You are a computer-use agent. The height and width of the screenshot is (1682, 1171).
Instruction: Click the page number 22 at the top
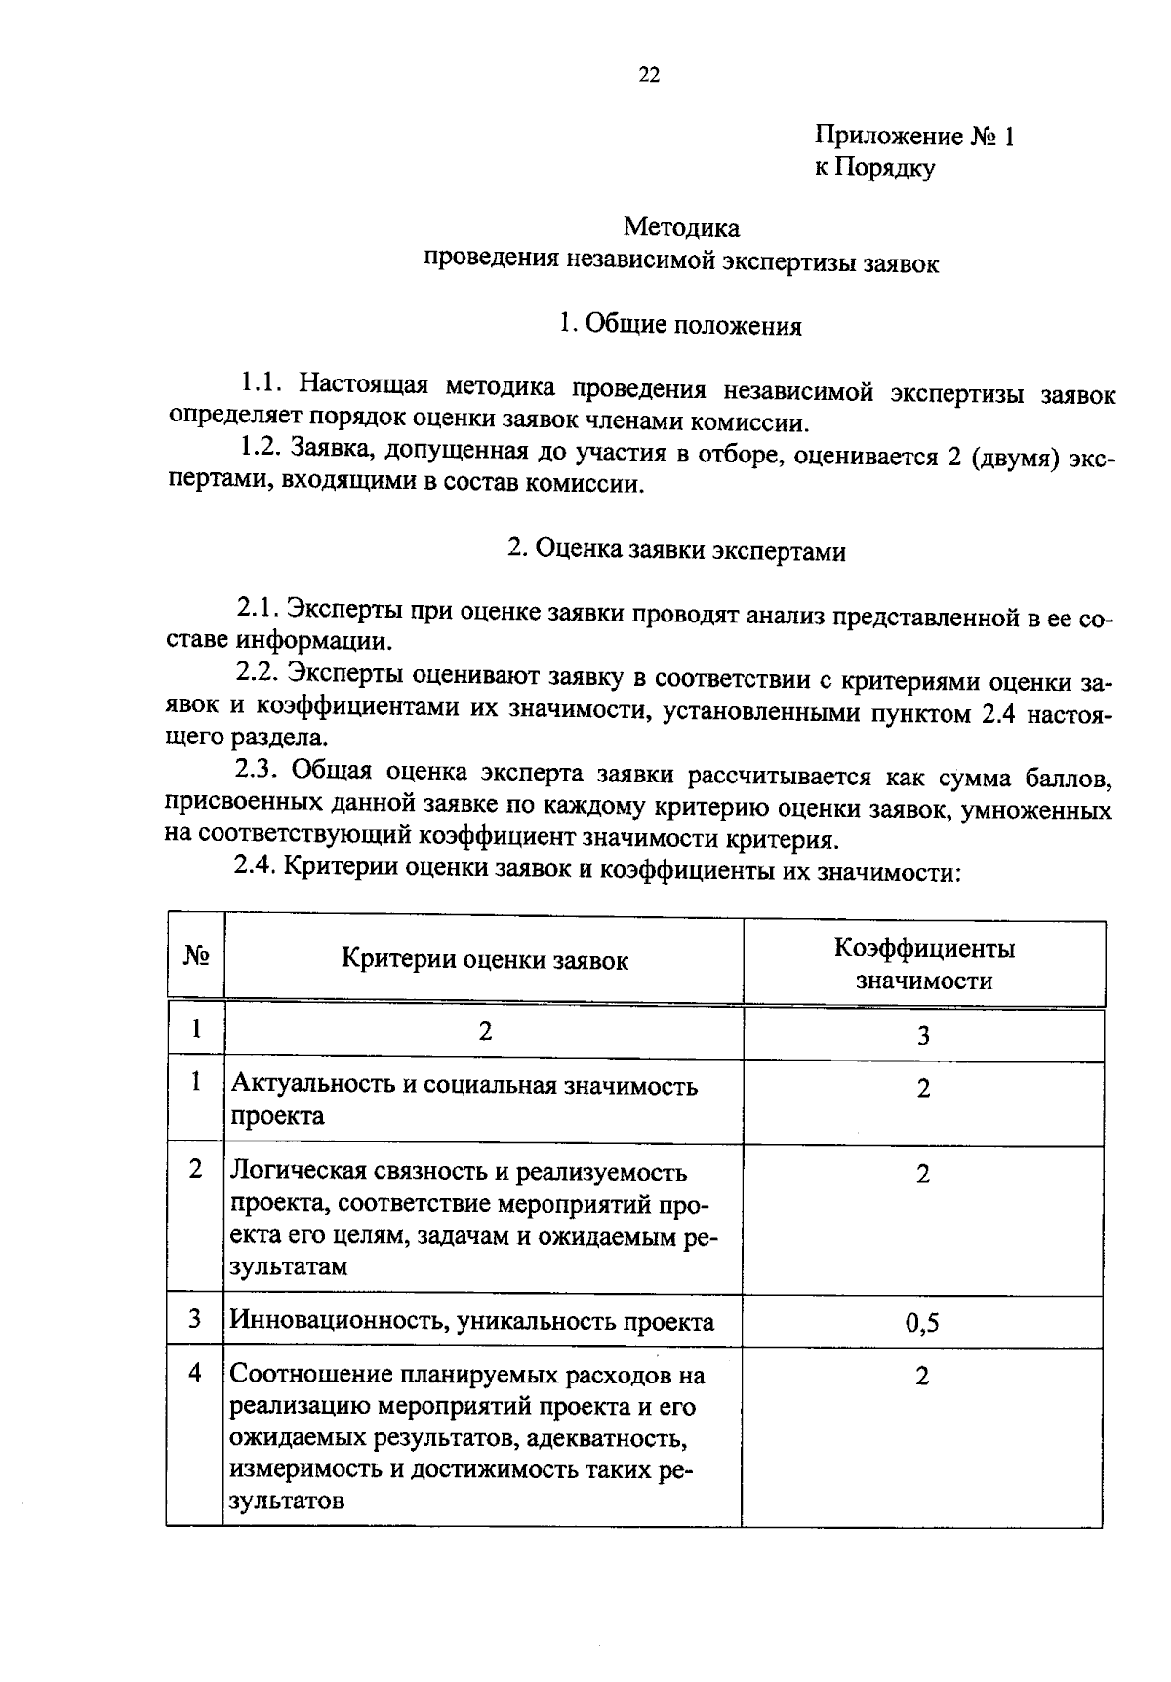coord(649,76)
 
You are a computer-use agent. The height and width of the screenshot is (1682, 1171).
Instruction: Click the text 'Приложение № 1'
coord(914,137)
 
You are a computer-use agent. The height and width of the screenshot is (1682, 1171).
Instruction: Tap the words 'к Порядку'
coord(874,168)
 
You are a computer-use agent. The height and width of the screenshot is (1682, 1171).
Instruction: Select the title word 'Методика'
coord(681,228)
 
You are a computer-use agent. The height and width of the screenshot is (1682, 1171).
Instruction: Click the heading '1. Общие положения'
coord(680,326)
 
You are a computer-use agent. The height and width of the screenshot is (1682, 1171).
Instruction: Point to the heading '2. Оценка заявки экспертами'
coord(676,551)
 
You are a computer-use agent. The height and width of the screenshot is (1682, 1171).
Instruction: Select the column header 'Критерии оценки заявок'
coord(484,961)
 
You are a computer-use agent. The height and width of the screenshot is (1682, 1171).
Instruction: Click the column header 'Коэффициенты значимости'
coord(923,964)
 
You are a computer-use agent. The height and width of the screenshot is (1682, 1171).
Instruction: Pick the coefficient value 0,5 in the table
coord(922,1324)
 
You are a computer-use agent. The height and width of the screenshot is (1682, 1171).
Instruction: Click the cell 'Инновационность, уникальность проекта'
coord(471,1322)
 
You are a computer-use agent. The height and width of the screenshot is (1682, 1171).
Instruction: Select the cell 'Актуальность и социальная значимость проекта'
coord(464,1101)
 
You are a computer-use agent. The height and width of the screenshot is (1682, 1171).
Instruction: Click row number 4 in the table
coord(195,1373)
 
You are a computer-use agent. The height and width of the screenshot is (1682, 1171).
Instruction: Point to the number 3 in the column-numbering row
coord(923,1036)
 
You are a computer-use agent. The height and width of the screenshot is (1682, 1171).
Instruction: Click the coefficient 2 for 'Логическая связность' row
coord(922,1175)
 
